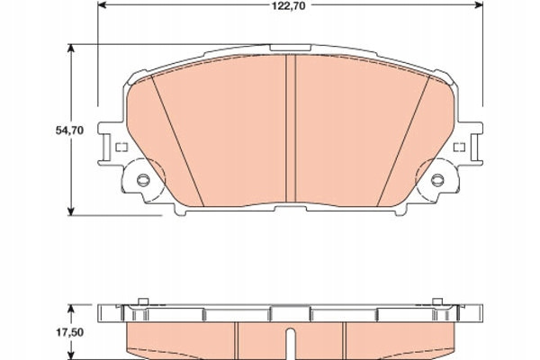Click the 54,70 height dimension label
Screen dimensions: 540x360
[69, 130]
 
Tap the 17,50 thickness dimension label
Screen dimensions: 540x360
[69, 332]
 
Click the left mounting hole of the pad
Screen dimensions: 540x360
[142, 179]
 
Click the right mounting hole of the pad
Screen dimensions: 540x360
[438, 179]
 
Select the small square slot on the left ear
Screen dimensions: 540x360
[121, 148]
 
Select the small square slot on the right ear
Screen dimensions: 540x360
[459, 148]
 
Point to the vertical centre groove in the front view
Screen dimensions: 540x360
[291, 128]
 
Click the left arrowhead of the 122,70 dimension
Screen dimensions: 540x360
[103, 4]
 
